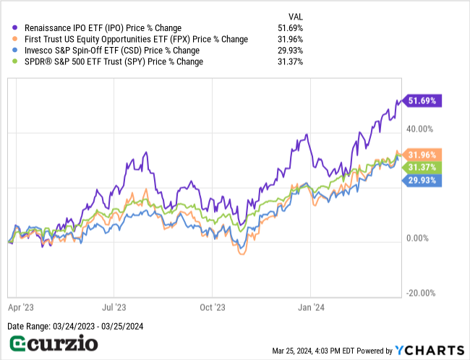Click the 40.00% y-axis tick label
(422, 129)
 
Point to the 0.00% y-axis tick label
(424, 239)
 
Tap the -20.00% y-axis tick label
(422, 293)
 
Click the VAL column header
(296, 17)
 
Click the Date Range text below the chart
(75, 327)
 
